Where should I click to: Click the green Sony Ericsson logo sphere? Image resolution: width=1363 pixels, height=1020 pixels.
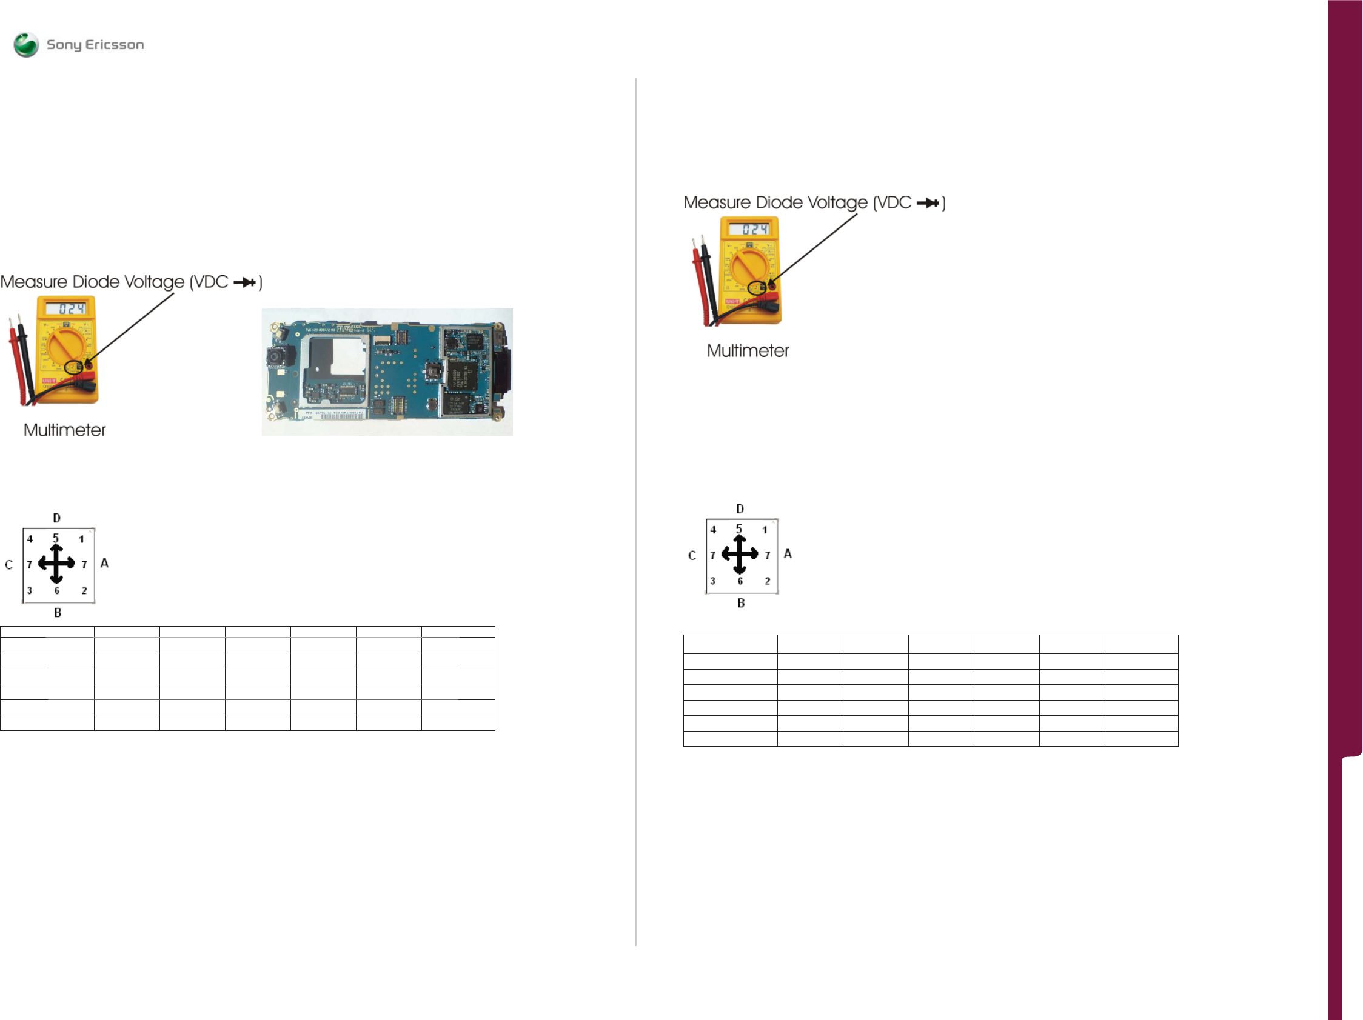tap(26, 44)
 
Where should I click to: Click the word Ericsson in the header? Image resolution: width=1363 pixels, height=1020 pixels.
tap(115, 44)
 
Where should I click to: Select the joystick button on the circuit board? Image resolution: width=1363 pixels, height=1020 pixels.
tap(434, 371)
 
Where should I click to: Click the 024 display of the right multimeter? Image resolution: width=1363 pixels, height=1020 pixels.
tap(754, 229)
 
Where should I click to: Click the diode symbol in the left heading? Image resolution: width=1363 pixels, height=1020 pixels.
tap(245, 282)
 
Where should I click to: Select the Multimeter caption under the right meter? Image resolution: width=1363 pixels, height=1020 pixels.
tap(748, 351)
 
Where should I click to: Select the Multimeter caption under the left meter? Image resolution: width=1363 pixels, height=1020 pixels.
tap(65, 430)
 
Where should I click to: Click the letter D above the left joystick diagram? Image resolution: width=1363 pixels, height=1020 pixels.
tap(56, 518)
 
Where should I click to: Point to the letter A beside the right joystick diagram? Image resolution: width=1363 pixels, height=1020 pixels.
tap(788, 554)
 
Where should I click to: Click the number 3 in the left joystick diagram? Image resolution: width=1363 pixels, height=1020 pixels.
tap(30, 590)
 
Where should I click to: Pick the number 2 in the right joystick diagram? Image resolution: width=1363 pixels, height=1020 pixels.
tap(767, 581)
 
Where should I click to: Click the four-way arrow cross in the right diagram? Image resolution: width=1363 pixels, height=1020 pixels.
tap(740, 554)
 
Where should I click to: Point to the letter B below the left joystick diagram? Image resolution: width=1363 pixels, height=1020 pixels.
tap(58, 612)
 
